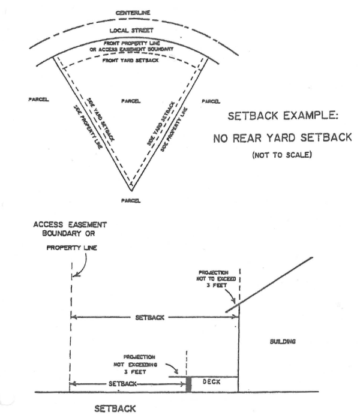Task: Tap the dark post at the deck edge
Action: [x=188, y=384]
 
